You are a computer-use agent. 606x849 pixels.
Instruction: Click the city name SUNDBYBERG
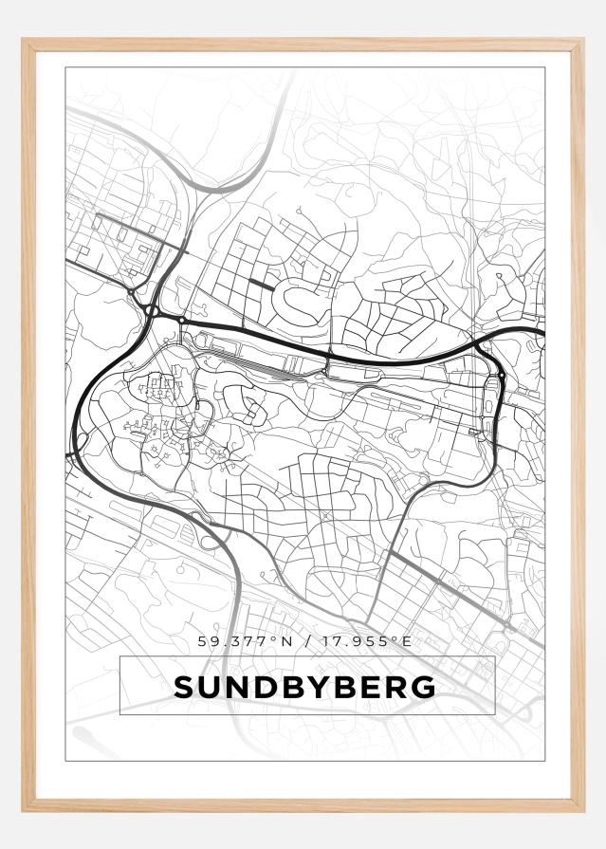tap(304, 687)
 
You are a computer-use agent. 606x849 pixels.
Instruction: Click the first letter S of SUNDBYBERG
tap(184, 687)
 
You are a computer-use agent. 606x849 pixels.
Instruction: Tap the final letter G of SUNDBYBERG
tap(424, 687)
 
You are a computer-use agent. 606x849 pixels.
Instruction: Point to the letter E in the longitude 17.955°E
tap(407, 641)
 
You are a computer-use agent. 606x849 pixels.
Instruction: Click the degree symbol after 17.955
tap(395, 638)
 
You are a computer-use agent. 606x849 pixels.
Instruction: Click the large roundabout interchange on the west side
tap(152, 310)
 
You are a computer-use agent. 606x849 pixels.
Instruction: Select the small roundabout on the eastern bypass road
tap(501, 377)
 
